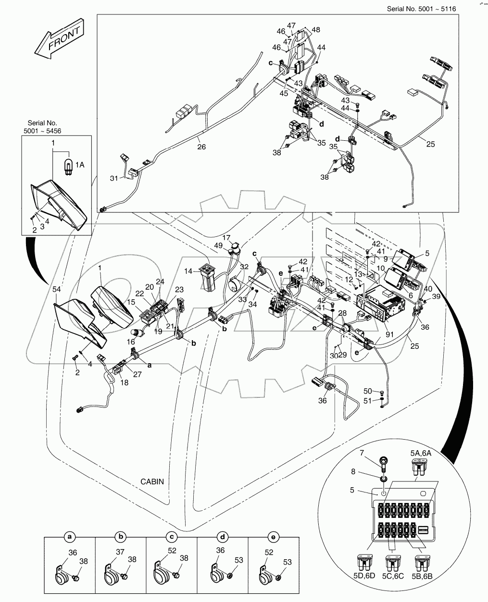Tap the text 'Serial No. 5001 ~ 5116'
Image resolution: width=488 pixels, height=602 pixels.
pyautogui.click(x=421, y=9)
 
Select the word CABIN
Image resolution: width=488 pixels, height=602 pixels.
pyautogui.click(x=153, y=481)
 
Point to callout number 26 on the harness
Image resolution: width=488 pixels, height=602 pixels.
pyautogui.click(x=201, y=147)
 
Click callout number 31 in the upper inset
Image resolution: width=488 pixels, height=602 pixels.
pyautogui.click(x=113, y=179)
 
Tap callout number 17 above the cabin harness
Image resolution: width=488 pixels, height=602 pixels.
pyautogui.click(x=226, y=237)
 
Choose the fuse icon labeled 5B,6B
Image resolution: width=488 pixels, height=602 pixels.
pyautogui.click(x=424, y=563)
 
